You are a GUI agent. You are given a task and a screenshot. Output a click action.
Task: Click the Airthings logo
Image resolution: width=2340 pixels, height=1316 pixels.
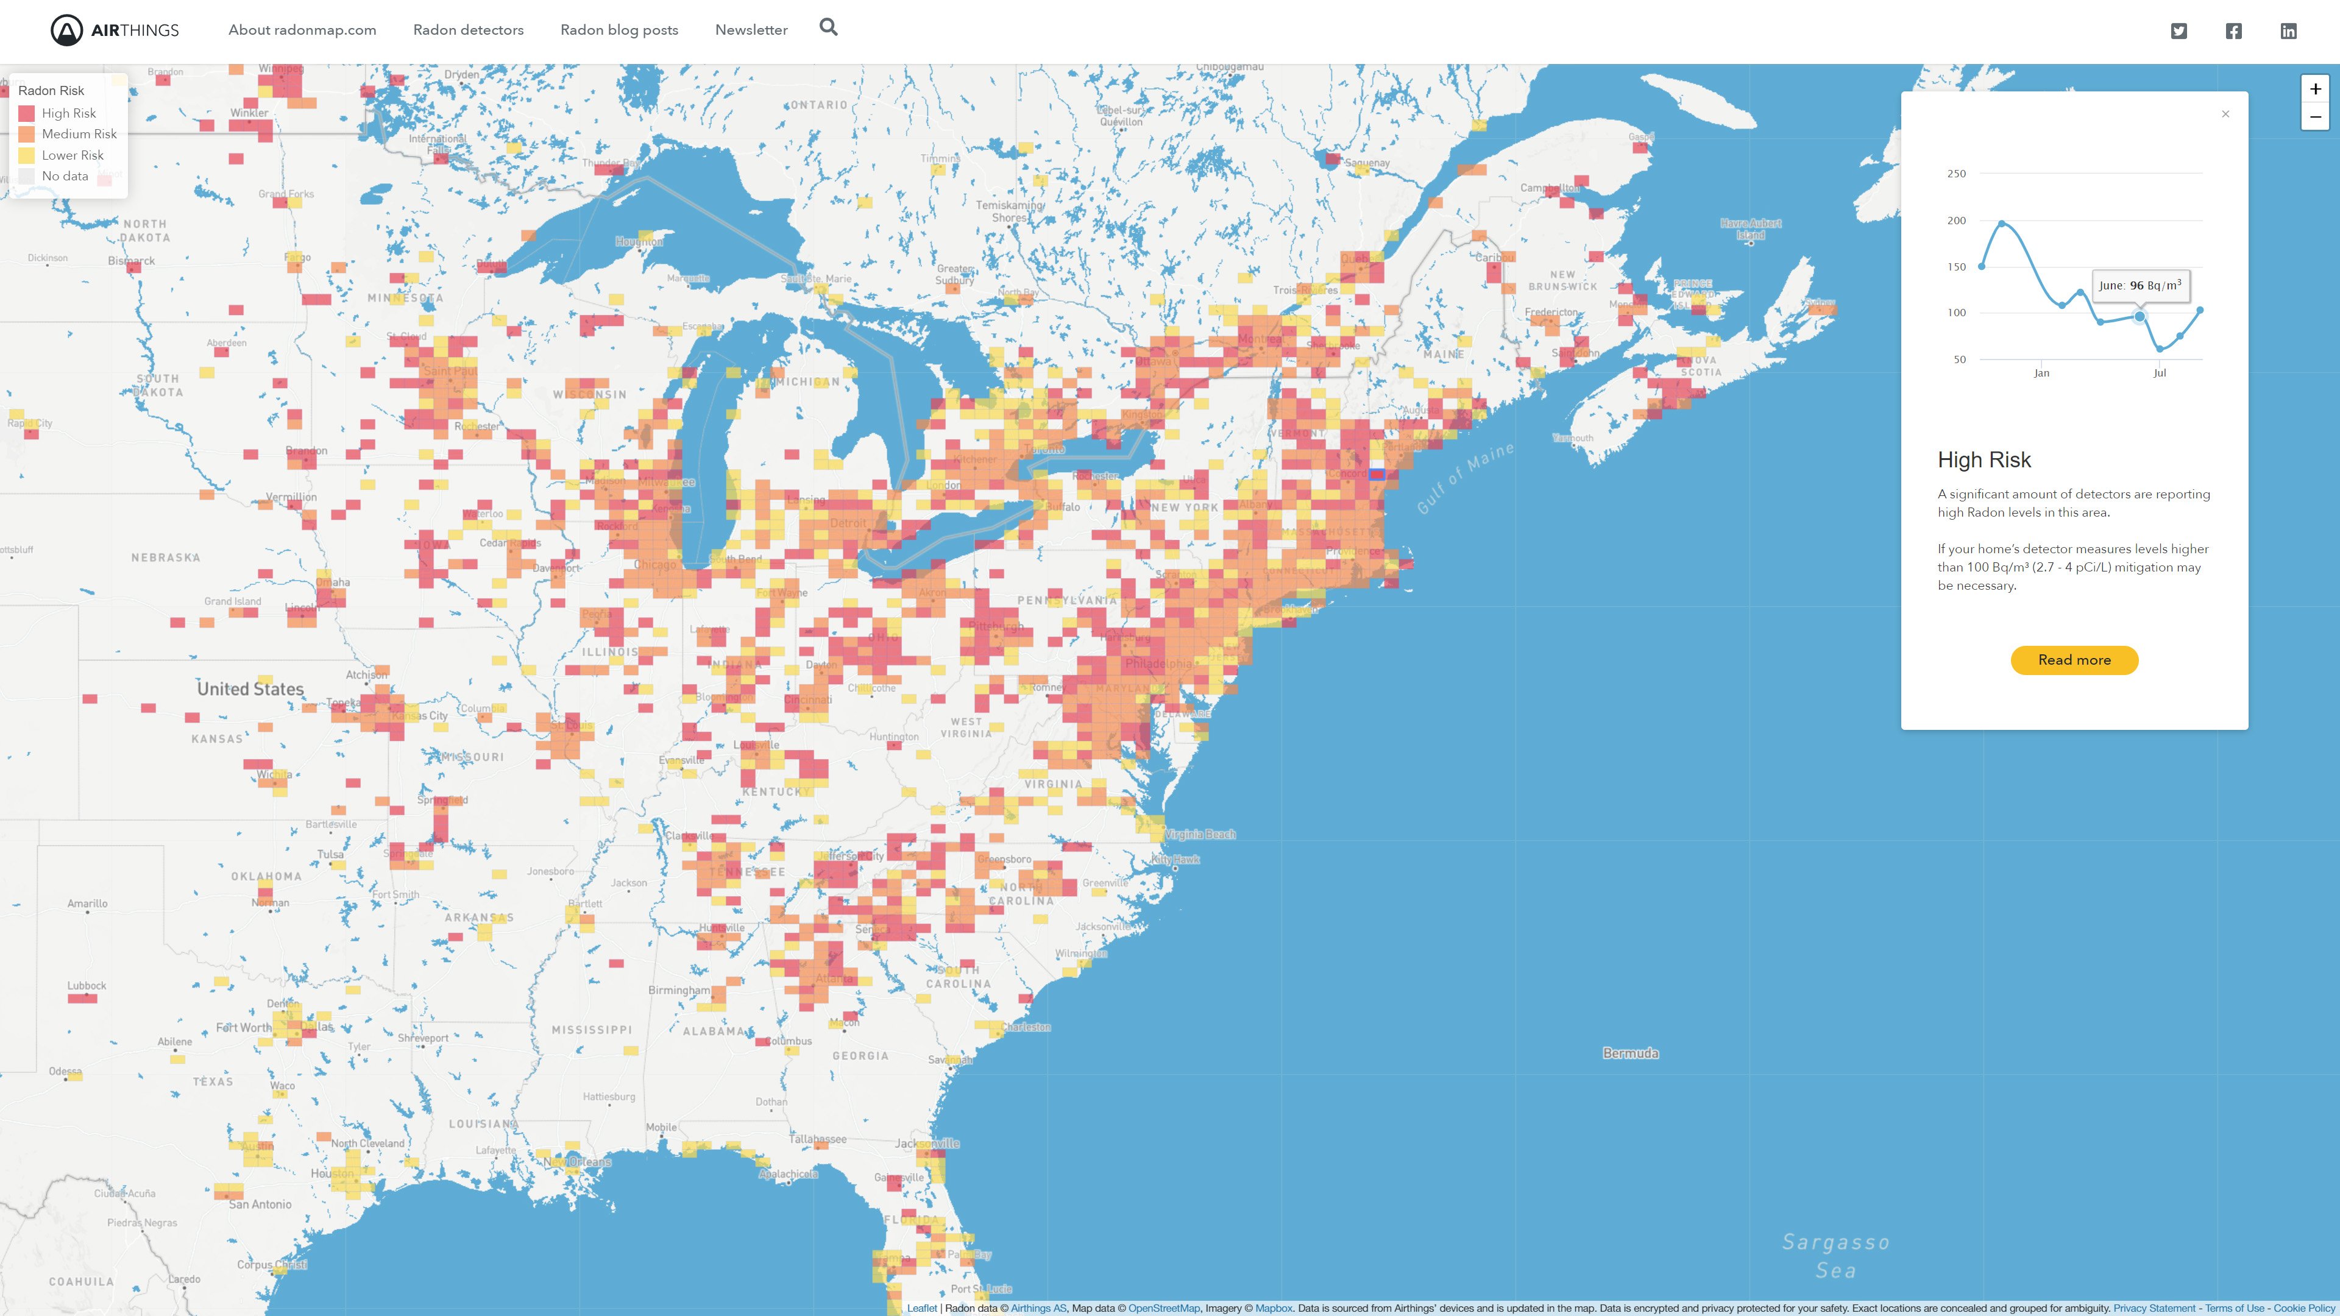tap(115, 30)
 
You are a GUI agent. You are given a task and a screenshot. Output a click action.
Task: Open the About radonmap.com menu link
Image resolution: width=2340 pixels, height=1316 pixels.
tap(302, 30)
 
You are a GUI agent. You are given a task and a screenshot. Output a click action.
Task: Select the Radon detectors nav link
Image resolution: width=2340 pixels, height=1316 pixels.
tap(468, 30)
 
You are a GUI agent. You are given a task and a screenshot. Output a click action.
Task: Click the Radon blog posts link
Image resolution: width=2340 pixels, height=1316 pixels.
tap(619, 30)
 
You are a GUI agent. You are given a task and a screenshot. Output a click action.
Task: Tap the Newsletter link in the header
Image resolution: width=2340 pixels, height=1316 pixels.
tap(750, 30)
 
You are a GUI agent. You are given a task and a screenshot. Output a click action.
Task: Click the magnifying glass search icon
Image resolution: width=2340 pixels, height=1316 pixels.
tap(828, 27)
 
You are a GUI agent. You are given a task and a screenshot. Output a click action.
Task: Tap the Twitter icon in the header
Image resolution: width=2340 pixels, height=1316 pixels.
tap(2179, 31)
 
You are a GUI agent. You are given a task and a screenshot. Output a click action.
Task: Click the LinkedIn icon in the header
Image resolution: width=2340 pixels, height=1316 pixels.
tap(2288, 31)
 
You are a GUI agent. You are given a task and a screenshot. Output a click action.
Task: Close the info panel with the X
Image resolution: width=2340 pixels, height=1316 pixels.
tap(2225, 113)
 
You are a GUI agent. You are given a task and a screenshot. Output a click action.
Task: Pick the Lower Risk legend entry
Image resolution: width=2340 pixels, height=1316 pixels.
tap(72, 155)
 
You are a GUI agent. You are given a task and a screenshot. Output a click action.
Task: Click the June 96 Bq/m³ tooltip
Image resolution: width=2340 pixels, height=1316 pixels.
tap(2140, 285)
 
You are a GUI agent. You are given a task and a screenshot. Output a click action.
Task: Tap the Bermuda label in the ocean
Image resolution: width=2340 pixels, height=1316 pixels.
tap(1629, 1053)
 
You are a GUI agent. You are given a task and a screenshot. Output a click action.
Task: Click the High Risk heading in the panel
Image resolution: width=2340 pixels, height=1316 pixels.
tap(1984, 459)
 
